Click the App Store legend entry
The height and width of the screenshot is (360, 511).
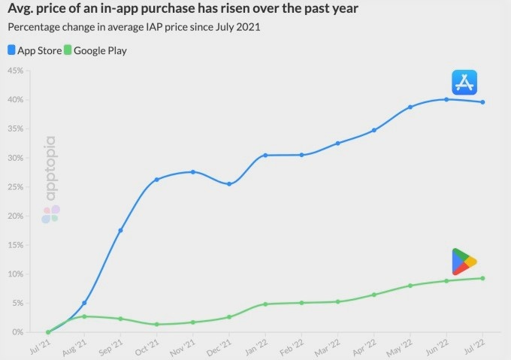coord(34,51)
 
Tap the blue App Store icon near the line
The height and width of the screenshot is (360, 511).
coord(465,82)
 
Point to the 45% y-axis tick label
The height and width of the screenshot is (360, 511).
coord(16,71)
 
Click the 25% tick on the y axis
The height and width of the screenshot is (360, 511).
coord(16,187)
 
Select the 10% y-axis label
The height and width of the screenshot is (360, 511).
coord(16,274)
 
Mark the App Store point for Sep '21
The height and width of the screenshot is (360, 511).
coord(120,230)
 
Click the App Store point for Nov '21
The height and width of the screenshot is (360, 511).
coord(193,172)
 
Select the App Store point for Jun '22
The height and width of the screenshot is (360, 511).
coord(446,99)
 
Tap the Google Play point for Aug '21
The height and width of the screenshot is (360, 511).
coord(84,316)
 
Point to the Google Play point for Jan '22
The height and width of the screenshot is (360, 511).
coord(265,304)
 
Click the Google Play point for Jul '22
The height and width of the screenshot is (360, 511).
coord(482,278)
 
